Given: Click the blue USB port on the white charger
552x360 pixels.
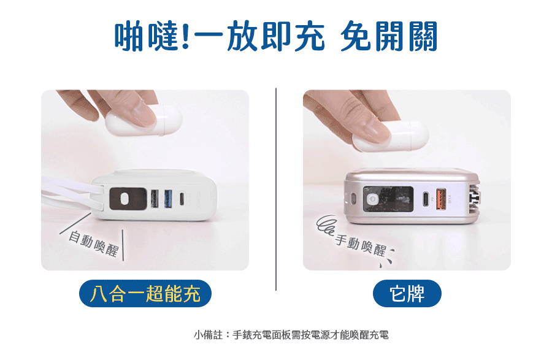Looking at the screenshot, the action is tap(167, 198).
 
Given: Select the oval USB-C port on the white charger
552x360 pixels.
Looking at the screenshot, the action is tap(182, 199).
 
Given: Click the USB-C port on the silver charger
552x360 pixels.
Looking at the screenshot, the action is tap(426, 199).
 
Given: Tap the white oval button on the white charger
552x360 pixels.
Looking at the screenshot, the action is tap(125, 199).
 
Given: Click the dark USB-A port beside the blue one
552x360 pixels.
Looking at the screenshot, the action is tap(155, 198).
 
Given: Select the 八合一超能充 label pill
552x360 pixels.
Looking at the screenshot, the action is tap(145, 294).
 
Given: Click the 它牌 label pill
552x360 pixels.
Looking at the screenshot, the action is tap(407, 294).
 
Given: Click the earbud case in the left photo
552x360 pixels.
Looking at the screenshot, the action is tap(144, 120).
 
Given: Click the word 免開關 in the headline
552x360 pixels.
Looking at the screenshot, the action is tap(389, 36).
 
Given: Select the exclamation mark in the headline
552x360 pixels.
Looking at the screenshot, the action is tap(186, 36).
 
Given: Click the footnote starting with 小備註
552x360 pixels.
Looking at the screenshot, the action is tap(291, 335).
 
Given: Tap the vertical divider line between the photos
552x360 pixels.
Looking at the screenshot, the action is tap(276, 190).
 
